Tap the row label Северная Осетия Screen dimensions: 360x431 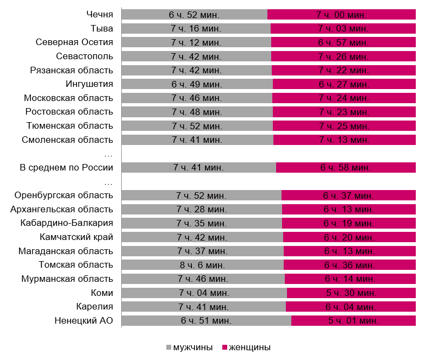[74, 42]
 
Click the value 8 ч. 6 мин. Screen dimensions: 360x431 [202, 264]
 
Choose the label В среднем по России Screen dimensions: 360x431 [66, 167]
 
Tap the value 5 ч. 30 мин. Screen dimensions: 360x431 [350, 293]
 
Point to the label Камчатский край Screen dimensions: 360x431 [77, 237]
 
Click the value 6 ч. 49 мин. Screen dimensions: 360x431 [196, 84]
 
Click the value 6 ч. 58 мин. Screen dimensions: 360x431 [346, 167]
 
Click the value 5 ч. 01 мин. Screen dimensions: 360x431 [353, 320]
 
